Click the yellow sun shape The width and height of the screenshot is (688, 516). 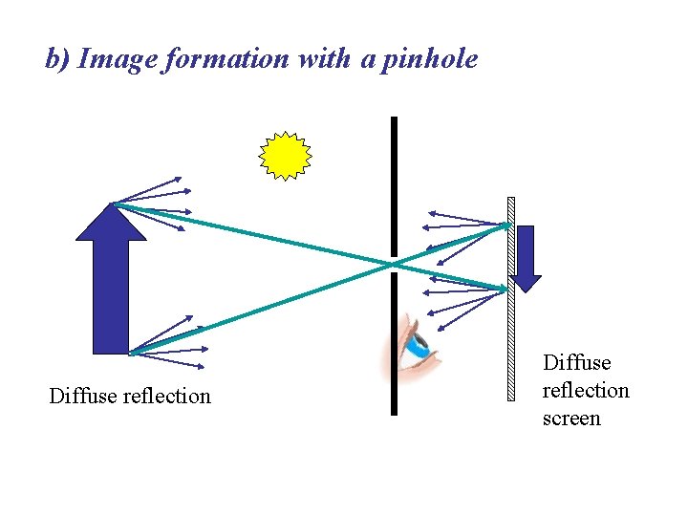[x=286, y=156]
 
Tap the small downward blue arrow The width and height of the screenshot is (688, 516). [x=526, y=257]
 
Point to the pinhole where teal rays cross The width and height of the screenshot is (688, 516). [x=393, y=264]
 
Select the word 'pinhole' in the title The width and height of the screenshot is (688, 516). [x=430, y=59]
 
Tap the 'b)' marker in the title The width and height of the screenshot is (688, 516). [x=57, y=59]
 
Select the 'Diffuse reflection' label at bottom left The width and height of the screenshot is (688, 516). [x=130, y=396]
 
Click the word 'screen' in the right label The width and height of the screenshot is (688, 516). [x=571, y=419]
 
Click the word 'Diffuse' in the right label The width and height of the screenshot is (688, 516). [x=576, y=363]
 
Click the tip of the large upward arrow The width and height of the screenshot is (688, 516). [x=111, y=204]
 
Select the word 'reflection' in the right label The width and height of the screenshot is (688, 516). [x=586, y=391]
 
